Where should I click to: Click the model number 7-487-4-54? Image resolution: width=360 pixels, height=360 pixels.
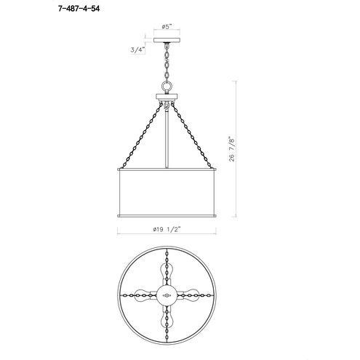[79, 9]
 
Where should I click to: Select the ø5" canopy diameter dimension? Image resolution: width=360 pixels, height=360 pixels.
[167, 26]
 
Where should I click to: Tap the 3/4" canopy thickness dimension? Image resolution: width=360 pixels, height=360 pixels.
[137, 49]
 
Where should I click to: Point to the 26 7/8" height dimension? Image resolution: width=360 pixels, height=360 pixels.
[232, 150]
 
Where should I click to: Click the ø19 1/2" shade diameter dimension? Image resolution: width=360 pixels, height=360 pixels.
[167, 229]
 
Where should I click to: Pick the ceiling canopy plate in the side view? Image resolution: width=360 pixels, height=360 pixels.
[167, 40]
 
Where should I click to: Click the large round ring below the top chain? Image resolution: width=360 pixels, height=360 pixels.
[167, 86]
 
